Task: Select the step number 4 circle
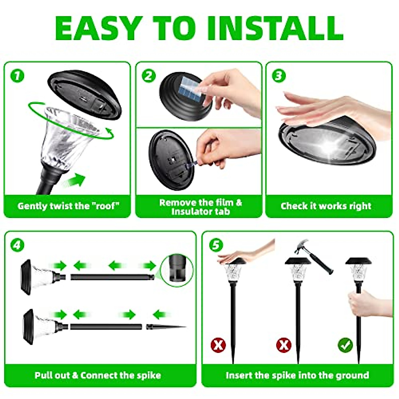click(x=17, y=245)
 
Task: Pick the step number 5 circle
click(x=216, y=245)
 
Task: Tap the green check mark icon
click(x=345, y=345)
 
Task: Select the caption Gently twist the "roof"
click(x=68, y=206)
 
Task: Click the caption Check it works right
click(x=326, y=206)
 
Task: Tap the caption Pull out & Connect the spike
click(x=98, y=376)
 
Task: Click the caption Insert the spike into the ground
click(x=297, y=376)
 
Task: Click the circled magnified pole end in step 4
click(x=176, y=267)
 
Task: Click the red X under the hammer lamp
click(x=283, y=345)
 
